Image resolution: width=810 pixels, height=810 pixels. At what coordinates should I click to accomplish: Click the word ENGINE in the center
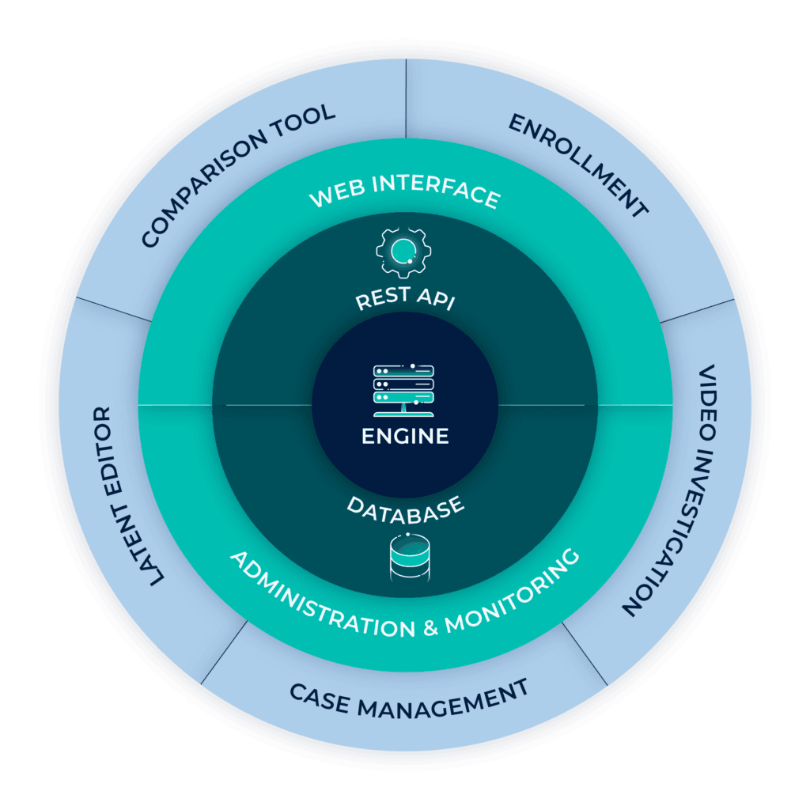click(405, 436)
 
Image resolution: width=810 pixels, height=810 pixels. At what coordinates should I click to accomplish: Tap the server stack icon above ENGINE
click(405, 389)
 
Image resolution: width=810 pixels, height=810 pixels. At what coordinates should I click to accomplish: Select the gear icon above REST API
click(404, 251)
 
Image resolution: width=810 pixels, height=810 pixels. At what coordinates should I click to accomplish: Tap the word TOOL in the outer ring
click(302, 116)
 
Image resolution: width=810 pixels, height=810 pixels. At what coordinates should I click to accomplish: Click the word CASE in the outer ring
click(320, 697)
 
